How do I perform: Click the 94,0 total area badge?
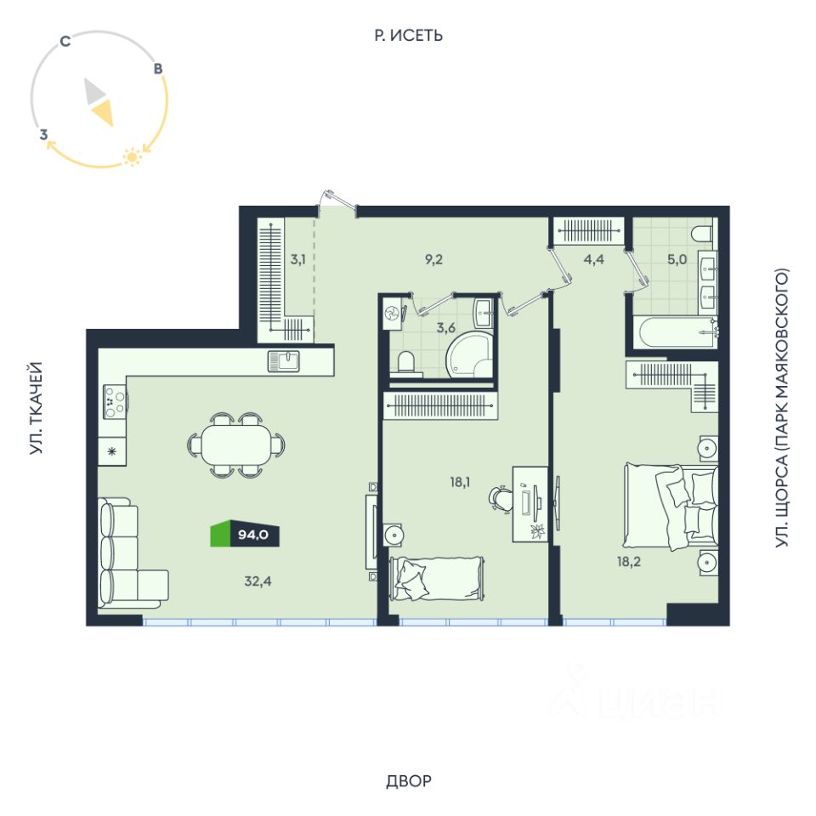[245, 534]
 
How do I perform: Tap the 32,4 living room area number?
[258, 581]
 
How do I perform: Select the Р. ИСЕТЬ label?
[409, 36]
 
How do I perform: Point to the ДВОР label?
[409, 780]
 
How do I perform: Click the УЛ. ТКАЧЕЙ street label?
[36, 408]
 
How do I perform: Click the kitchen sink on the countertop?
[284, 361]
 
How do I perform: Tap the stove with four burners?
[115, 402]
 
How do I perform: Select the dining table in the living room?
[236, 445]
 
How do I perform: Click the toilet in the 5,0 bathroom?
[704, 234]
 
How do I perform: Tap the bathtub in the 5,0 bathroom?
[675, 332]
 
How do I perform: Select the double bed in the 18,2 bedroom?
[671, 506]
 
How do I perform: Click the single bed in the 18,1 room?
[437, 578]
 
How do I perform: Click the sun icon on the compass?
[132, 156]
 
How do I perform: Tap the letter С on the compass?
[65, 41]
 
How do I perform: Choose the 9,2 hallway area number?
[433, 259]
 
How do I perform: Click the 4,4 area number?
[594, 259]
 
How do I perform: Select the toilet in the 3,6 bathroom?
[405, 362]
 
